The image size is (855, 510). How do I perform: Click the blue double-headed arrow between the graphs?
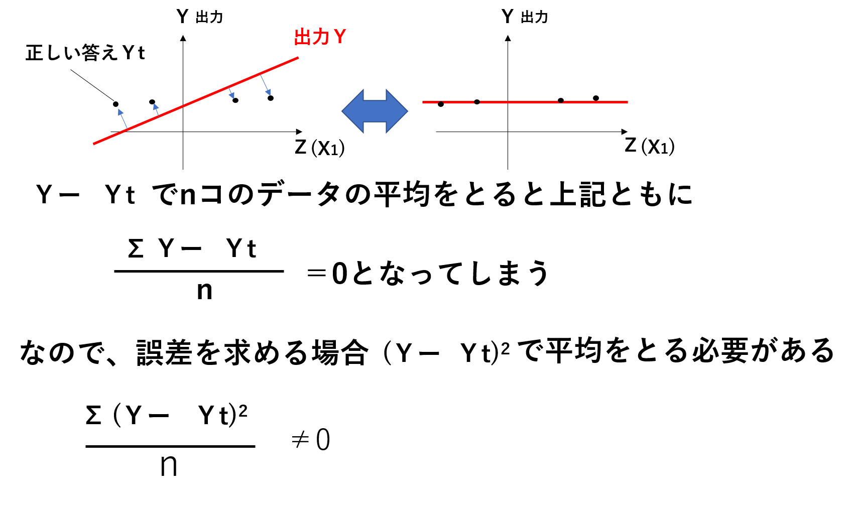375,111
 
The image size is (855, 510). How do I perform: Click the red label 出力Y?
320,37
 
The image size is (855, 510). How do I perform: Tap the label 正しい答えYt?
85,53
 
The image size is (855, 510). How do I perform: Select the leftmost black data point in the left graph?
115,104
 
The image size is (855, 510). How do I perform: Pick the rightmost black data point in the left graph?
271,98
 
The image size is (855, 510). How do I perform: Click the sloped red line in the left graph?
196,101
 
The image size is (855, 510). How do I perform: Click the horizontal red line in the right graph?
525,102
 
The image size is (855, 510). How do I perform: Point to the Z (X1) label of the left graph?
320,148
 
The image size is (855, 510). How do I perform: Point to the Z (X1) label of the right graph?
650,146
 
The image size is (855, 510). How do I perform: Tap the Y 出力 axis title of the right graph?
525,17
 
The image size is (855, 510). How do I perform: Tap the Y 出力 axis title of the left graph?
200,17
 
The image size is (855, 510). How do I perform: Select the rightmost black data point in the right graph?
596,98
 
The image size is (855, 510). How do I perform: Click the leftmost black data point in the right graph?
441,104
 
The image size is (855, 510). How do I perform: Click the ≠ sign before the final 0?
300,440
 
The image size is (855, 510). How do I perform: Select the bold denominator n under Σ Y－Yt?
205,291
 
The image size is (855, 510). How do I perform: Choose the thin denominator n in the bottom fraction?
169,466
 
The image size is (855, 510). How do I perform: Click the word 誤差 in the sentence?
164,352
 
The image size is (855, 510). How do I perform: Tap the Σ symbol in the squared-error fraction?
93,415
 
